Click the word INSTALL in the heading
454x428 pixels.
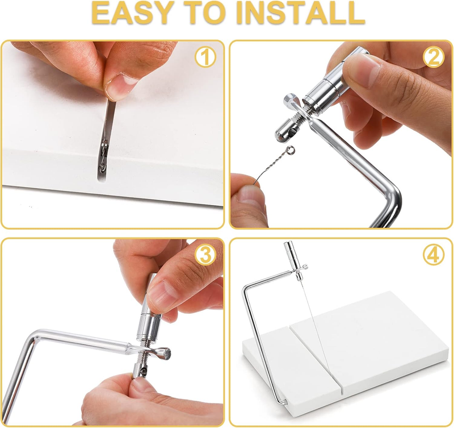click(301, 13)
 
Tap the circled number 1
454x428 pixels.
click(205, 57)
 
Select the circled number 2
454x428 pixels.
click(434, 57)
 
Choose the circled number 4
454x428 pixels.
click(434, 255)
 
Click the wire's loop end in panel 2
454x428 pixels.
click(291, 150)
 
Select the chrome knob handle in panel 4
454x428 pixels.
click(290, 252)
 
